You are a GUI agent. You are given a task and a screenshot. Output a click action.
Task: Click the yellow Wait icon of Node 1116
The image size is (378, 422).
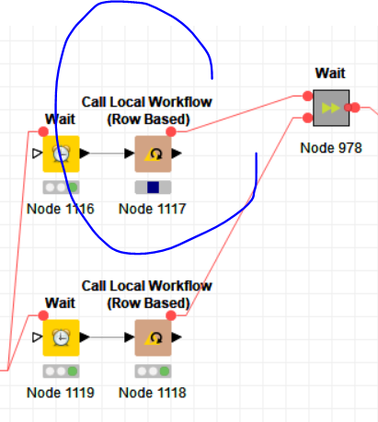pyautogui.click(x=61, y=154)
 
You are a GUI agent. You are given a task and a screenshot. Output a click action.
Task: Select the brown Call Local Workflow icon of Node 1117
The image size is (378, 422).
pyautogui.click(x=153, y=154)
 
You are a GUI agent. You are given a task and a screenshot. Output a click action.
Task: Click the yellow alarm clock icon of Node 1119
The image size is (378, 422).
pyautogui.click(x=61, y=337)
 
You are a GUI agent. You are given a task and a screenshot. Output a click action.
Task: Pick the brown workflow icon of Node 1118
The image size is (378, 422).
pyautogui.click(x=153, y=337)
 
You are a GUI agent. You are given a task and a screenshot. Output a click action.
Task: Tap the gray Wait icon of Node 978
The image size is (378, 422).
pyautogui.click(x=331, y=108)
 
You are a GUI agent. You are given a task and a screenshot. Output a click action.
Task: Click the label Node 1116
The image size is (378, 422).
pyautogui.click(x=61, y=209)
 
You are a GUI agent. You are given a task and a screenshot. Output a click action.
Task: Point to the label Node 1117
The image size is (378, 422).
pyautogui.click(x=153, y=209)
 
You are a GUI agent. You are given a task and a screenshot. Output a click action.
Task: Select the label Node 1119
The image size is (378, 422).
pyautogui.click(x=61, y=393)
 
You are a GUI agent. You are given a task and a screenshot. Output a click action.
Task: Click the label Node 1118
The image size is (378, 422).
pyautogui.click(x=153, y=393)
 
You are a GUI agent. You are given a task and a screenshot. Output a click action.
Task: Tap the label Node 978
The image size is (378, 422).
pyautogui.click(x=331, y=148)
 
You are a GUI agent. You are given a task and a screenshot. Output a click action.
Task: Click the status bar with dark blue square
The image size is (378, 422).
pyautogui.click(x=153, y=188)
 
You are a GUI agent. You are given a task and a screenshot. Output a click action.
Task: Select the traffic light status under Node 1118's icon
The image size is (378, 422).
pyautogui.click(x=153, y=371)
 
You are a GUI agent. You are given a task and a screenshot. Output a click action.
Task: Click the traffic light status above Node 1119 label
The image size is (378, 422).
pyautogui.click(x=61, y=371)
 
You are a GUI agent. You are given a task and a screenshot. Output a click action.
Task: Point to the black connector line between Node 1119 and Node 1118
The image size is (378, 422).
pyautogui.click(x=107, y=337)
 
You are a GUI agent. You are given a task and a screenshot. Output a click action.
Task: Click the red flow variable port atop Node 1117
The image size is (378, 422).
pyautogui.click(x=171, y=131)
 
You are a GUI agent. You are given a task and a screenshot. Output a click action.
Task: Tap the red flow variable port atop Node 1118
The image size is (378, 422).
pyautogui.click(x=171, y=315)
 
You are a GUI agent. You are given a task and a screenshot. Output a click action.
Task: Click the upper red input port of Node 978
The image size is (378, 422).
pyautogui.click(x=307, y=96)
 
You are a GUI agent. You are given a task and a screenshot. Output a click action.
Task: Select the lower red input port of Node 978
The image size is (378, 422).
pyautogui.click(x=307, y=118)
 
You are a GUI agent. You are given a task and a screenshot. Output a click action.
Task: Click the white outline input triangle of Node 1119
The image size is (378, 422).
pyautogui.click(x=38, y=337)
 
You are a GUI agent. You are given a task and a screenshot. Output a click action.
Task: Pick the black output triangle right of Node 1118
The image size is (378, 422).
pyautogui.click(x=177, y=337)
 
